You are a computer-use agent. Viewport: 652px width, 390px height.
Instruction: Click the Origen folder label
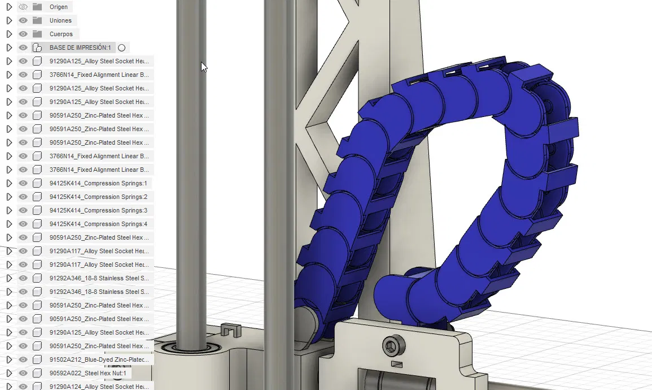coord(58,7)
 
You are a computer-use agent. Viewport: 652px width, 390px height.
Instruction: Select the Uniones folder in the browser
coord(60,20)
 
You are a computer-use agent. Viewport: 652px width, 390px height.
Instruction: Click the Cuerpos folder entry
coord(61,34)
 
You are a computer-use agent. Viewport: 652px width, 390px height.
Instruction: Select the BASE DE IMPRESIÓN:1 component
coord(80,47)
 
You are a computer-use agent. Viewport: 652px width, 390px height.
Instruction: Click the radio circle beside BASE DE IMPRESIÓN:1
coord(121,48)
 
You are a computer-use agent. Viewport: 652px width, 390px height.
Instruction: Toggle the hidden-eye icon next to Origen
coord(23,7)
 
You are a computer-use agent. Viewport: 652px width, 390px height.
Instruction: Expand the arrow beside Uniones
coord(9,20)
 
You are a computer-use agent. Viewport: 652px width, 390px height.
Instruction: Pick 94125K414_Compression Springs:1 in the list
coord(98,183)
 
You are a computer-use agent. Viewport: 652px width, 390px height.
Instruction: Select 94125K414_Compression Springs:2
coord(98,197)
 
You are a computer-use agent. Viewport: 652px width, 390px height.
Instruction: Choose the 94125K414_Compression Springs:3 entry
coord(98,210)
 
